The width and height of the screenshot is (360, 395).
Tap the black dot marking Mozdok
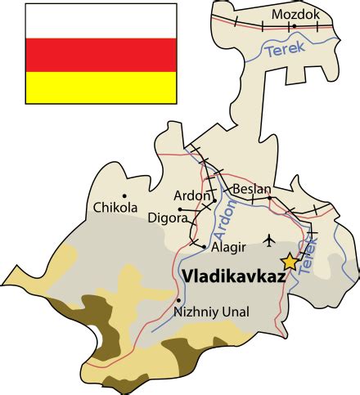pos(292,26)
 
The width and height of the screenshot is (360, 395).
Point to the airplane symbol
pos(271,239)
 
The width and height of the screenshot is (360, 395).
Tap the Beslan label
pos(251,189)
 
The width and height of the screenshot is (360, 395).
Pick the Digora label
pos(167,218)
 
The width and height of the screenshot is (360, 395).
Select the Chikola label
pos(116,207)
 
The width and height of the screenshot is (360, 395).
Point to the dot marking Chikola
pos(124,195)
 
